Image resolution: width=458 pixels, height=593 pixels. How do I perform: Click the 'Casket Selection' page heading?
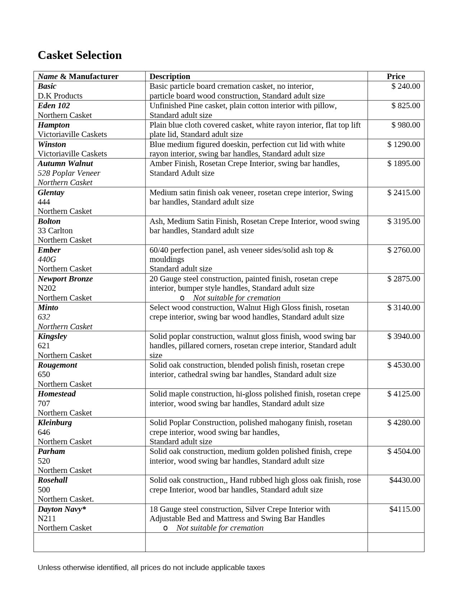79,55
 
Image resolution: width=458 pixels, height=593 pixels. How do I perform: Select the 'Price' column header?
395,76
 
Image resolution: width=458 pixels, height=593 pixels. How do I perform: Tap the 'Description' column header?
170,76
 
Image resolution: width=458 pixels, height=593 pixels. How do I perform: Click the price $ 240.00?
406,86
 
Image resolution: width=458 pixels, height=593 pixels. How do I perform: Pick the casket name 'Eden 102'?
54,106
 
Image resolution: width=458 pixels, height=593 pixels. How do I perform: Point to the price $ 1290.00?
403,144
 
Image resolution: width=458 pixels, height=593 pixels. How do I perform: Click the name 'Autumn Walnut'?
65,164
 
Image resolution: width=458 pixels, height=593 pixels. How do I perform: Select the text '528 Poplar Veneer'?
69,173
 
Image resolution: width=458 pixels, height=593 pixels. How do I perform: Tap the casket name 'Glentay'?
51,192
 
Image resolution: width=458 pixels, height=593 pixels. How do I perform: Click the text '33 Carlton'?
55,230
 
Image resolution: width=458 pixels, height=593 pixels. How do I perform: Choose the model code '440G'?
47,259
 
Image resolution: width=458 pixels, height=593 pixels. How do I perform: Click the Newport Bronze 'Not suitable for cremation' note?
236,298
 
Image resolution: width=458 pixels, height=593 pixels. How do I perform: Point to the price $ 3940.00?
403,336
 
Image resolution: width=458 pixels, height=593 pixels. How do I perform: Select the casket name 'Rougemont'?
57,365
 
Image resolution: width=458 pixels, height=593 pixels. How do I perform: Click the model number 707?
44,403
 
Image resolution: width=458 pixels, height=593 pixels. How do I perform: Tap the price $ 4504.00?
403,451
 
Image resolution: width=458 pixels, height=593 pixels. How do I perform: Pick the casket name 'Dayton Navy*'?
62,509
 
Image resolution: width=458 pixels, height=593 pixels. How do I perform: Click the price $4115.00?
404,509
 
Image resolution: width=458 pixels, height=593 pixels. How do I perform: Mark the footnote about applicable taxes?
151,567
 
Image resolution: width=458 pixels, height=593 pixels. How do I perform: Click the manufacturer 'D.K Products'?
60,96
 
